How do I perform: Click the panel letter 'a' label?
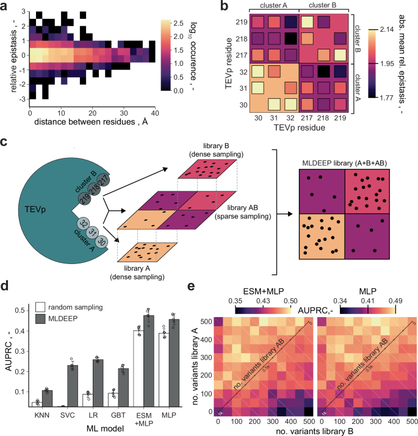click(5, 6)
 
